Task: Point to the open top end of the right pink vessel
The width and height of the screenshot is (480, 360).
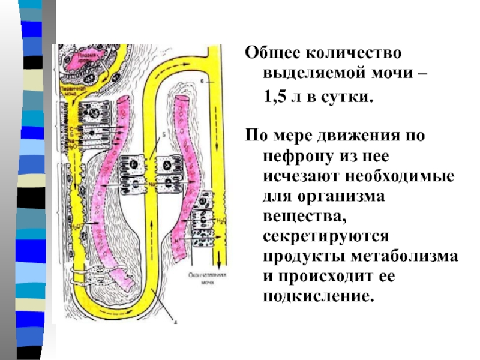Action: [183, 98]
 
